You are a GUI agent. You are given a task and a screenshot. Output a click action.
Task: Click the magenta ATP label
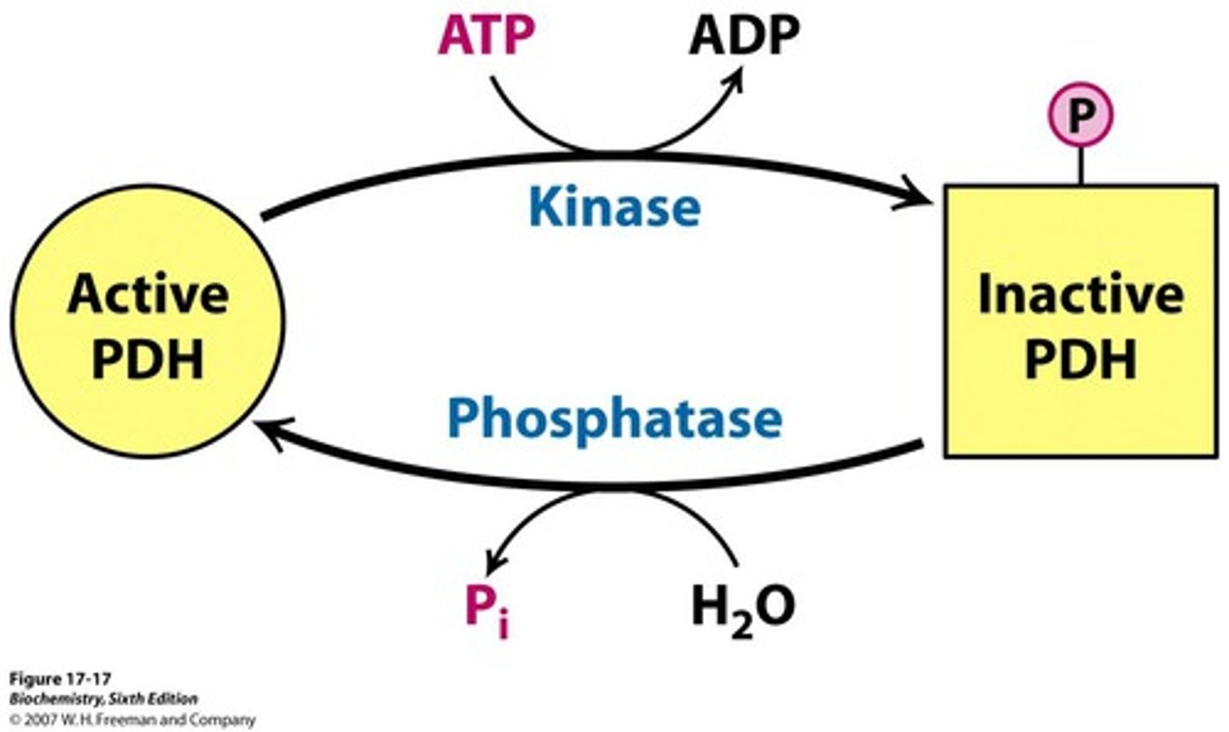486,36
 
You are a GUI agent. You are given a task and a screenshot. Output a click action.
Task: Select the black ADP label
744,36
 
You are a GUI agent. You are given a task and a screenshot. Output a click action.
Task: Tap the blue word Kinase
614,207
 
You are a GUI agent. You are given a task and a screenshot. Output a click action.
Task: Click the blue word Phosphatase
614,419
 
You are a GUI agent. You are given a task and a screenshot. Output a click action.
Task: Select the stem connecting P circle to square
1080,164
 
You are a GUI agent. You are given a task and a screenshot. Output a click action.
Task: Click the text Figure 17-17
60,679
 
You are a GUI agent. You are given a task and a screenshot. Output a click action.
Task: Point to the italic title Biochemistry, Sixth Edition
103,699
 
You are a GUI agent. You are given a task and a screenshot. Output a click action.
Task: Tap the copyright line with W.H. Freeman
132,719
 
